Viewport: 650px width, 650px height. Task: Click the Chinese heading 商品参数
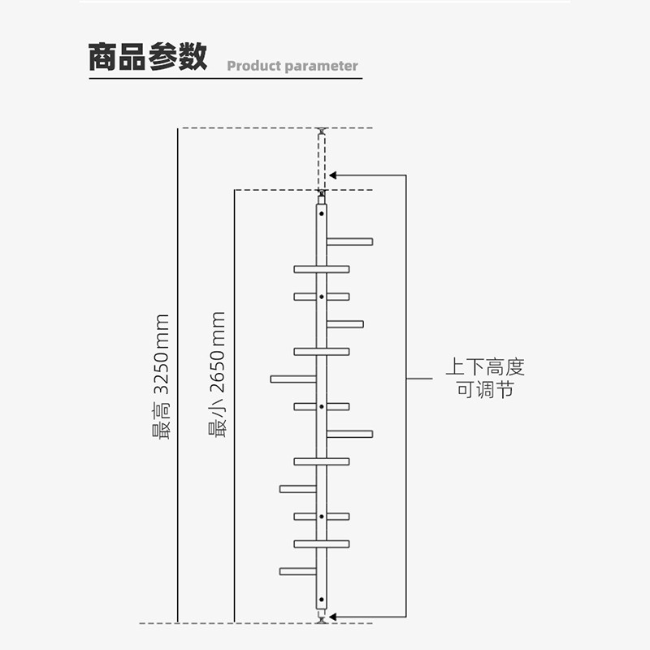pyautogui.click(x=148, y=56)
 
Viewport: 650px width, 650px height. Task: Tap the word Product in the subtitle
pyautogui.click(x=254, y=66)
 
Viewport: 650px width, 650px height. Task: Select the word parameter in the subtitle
pyautogui.click(x=322, y=67)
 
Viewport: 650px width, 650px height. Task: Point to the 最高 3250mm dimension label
pyautogui.click(x=161, y=376)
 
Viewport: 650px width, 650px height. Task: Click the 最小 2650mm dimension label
pyautogui.click(x=217, y=375)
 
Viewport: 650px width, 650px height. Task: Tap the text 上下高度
pyautogui.click(x=485, y=367)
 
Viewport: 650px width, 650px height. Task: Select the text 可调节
pyautogui.click(x=485, y=390)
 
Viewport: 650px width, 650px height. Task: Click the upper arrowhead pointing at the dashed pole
pyautogui.click(x=332, y=175)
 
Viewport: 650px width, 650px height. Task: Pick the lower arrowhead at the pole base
pyautogui.click(x=332, y=617)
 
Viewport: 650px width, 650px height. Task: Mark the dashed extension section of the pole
pyautogui.click(x=322, y=162)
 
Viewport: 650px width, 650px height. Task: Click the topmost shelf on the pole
pyautogui.click(x=349, y=241)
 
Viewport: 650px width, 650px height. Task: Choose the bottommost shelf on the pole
pyautogui.click(x=298, y=571)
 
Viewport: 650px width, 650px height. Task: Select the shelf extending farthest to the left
pyautogui.click(x=293, y=379)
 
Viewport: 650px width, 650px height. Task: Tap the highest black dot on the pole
pyautogui.click(x=322, y=214)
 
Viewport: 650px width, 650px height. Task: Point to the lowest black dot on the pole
pyautogui.click(x=322, y=600)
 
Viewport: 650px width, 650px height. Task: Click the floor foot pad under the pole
pyautogui.click(x=321, y=620)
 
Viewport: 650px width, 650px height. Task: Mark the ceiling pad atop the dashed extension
pyautogui.click(x=321, y=131)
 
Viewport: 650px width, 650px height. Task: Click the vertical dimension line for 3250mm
pyautogui.click(x=178, y=375)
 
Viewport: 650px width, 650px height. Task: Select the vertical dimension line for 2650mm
pyautogui.click(x=235, y=406)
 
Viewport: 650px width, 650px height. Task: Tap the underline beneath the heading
pyautogui.click(x=226, y=78)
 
